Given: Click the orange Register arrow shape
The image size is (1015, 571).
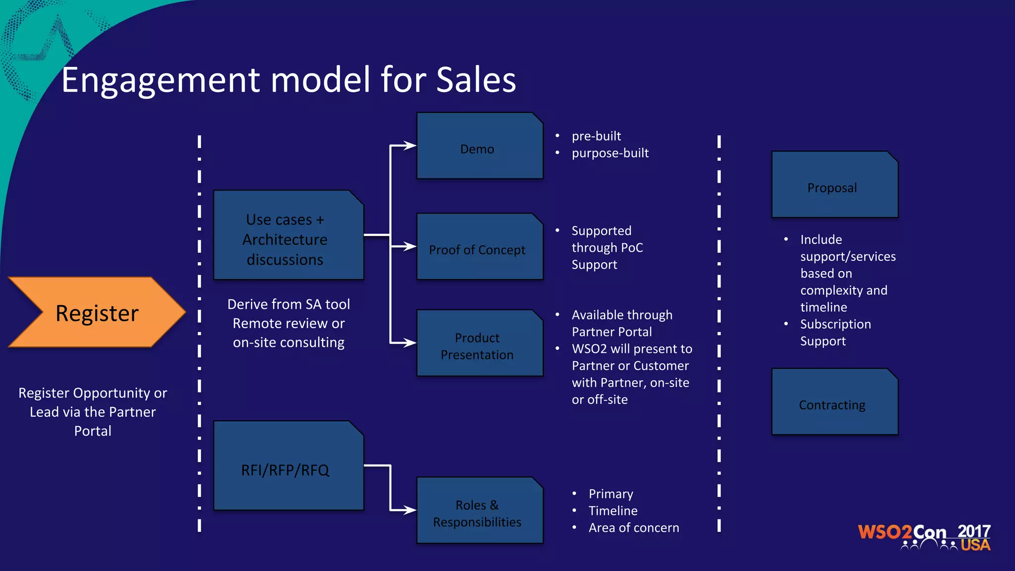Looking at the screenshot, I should (x=97, y=312).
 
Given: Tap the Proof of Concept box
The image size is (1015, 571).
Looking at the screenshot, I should (x=479, y=247).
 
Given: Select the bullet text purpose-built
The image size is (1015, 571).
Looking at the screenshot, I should (x=610, y=153).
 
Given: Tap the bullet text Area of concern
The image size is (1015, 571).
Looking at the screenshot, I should (x=633, y=528).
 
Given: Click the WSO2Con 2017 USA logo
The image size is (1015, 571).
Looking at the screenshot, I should (x=924, y=537).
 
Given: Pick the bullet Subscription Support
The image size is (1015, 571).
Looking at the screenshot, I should (x=835, y=333).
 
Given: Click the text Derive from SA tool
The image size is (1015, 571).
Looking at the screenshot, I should (x=288, y=304).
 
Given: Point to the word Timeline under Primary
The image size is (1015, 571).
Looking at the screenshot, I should (x=613, y=511).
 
